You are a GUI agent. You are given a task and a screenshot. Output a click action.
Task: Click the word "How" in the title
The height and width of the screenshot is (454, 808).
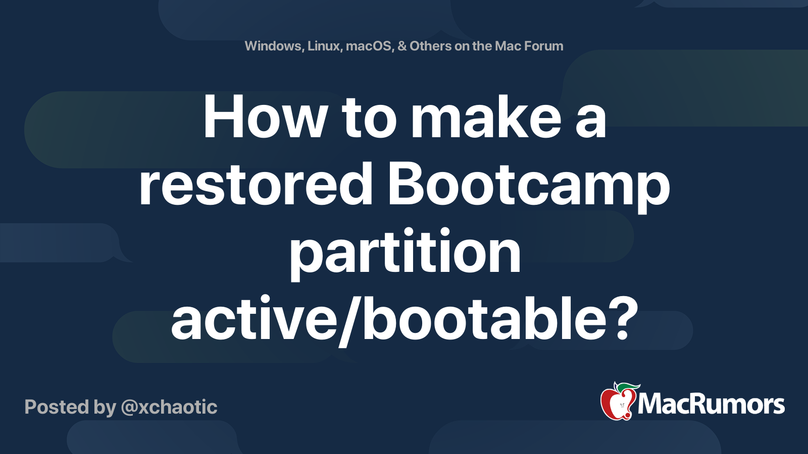point(266,118)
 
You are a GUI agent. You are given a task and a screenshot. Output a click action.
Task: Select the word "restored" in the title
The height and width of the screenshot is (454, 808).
point(256,185)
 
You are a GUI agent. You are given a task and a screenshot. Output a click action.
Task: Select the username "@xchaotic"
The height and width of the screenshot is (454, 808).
point(169,407)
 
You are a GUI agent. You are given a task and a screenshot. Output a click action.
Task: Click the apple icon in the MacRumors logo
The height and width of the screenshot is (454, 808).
point(617,403)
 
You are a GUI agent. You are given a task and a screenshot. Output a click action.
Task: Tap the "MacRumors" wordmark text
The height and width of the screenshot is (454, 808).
point(711,404)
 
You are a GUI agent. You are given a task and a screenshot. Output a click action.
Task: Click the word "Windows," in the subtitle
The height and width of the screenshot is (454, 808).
point(273,46)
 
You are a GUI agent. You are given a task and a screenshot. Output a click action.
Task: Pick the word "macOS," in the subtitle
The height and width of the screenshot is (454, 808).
point(369,46)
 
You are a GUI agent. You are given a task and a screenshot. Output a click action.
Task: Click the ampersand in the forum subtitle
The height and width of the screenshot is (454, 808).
point(402,46)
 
